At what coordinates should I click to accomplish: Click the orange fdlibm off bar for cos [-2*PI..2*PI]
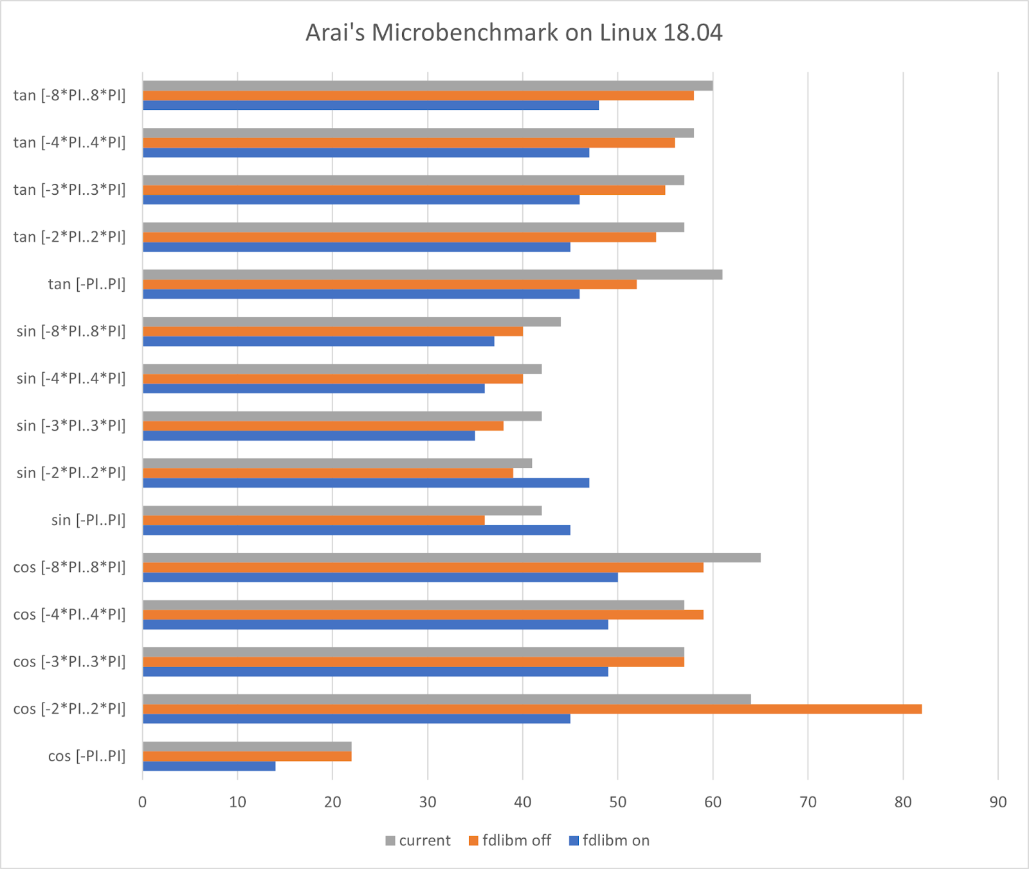pyautogui.click(x=532, y=709)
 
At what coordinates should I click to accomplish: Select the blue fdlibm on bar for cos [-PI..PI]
pyautogui.click(x=209, y=766)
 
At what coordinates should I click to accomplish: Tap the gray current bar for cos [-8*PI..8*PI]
pyautogui.click(x=451, y=558)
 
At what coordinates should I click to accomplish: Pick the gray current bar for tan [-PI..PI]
pyautogui.click(x=432, y=274)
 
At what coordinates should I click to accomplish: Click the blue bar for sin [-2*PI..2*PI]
pyautogui.click(x=366, y=483)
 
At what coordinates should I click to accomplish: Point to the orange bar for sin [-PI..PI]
pyautogui.click(x=313, y=520)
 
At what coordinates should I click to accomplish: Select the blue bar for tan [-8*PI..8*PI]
pyautogui.click(x=370, y=105)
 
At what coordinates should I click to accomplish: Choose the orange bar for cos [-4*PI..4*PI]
pyautogui.click(x=423, y=614)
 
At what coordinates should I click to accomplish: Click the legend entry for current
pyautogui.click(x=418, y=841)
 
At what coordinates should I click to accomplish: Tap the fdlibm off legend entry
pyautogui.click(x=510, y=841)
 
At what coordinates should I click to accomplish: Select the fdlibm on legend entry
pyautogui.click(x=609, y=841)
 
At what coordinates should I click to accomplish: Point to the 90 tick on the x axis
pyautogui.click(x=998, y=802)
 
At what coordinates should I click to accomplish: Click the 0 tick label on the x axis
pyautogui.click(x=143, y=802)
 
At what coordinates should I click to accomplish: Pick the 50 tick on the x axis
pyautogui.click(x=617, y=802)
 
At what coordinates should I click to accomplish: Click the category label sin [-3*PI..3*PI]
pyautogui.click(x=71, y=426)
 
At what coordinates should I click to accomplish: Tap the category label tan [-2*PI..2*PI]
pyautogui.click(x=69, y=237)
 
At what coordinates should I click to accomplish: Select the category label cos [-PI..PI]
pyautogui.click(x=87, y=756)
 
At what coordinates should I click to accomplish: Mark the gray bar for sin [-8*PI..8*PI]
pyautogui.click(x=351, y=321)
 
